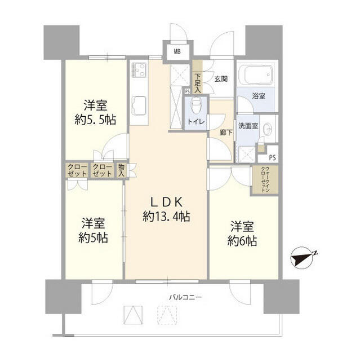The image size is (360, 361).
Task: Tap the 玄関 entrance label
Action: click(x=220, y=79)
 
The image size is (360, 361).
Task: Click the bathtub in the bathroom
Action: click(x=255, y=74)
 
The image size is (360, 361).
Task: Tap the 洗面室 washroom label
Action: click(x=247, y=126)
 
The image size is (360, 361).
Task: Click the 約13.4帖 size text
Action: click(x=166, y=215)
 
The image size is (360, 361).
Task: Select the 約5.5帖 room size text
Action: click(x=95, y=120)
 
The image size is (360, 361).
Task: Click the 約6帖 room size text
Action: click(x=243, y=241)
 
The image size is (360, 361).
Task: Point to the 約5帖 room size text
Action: click(x=94, y=237)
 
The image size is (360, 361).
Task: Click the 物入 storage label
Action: click(x=121, y=170)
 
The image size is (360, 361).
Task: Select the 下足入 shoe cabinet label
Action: click(x=197, y=83)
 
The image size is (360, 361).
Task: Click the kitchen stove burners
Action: click(x=139, y=72)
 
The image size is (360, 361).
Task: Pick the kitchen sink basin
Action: click(x=139, y=105)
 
